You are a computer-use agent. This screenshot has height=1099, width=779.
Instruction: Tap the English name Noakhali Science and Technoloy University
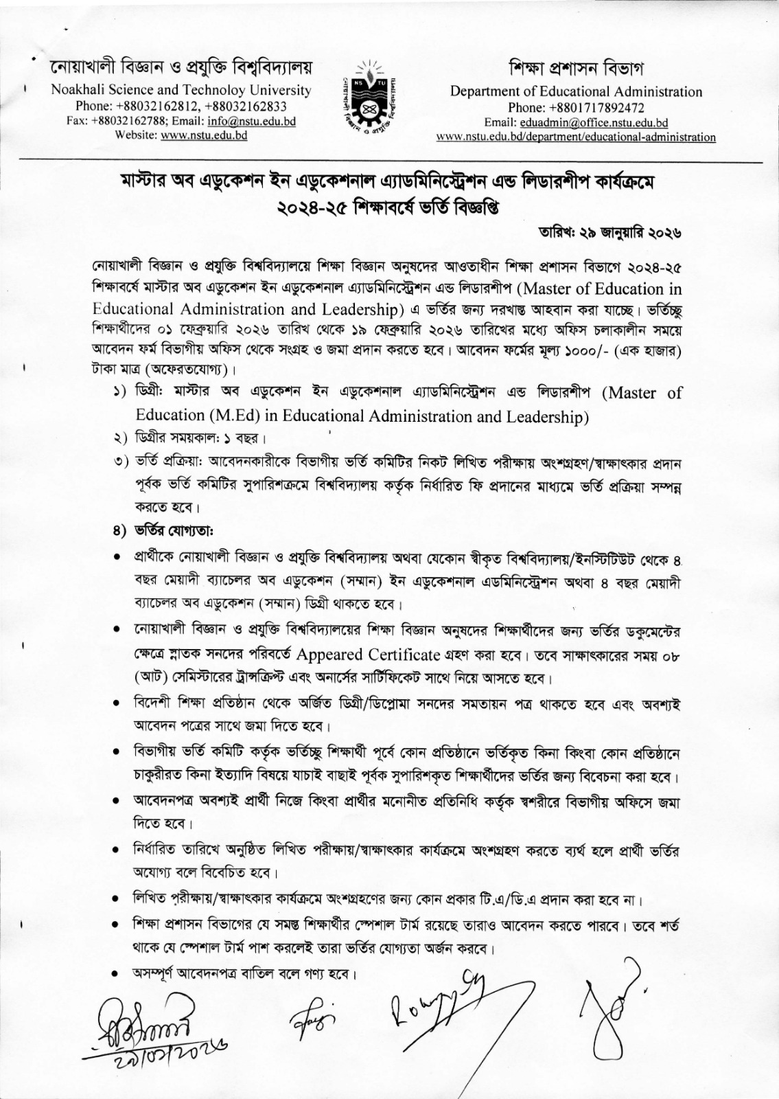click(181, 90)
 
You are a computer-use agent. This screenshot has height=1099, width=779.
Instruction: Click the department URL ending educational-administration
click(576, 137)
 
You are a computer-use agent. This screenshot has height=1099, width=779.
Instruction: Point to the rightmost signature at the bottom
click(611, 1010)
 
